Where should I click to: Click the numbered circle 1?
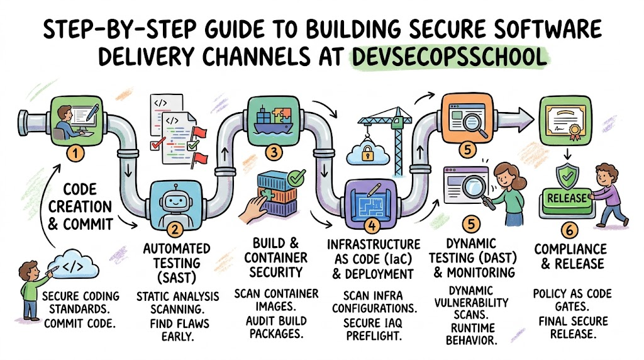(x=75, y=154)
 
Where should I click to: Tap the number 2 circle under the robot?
(x=175, y=230)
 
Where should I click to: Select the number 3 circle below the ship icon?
(x=273, y=153)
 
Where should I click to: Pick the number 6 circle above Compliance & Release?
(x=569, y=230)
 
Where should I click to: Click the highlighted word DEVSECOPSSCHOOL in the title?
(x=449, y=57)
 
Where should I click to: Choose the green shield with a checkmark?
(x=567, y=176)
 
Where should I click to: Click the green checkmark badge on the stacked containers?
(x=297, y=177)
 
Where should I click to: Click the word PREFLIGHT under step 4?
(x=374, y=336)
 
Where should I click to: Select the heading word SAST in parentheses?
(x=177, y=278)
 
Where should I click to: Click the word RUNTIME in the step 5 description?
(x=473, y=328)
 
